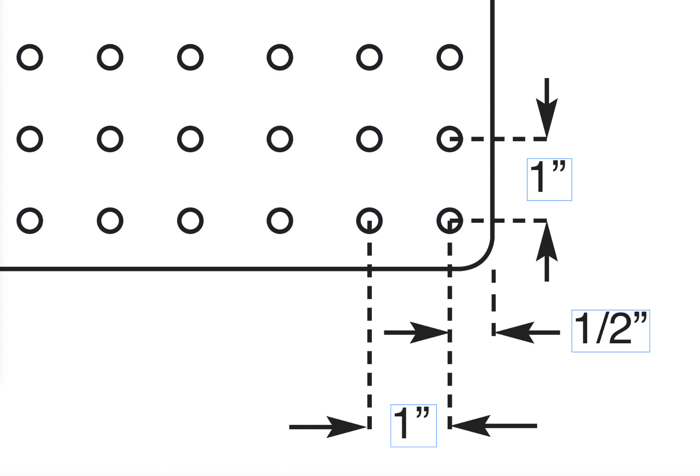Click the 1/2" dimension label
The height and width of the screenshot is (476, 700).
click(x=611, y=331)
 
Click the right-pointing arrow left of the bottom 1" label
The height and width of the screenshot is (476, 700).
click(x=328, y=427)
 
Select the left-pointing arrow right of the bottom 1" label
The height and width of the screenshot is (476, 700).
click(x=494, y=426)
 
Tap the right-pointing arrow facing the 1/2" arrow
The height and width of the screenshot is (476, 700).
click(x=416, y=332)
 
